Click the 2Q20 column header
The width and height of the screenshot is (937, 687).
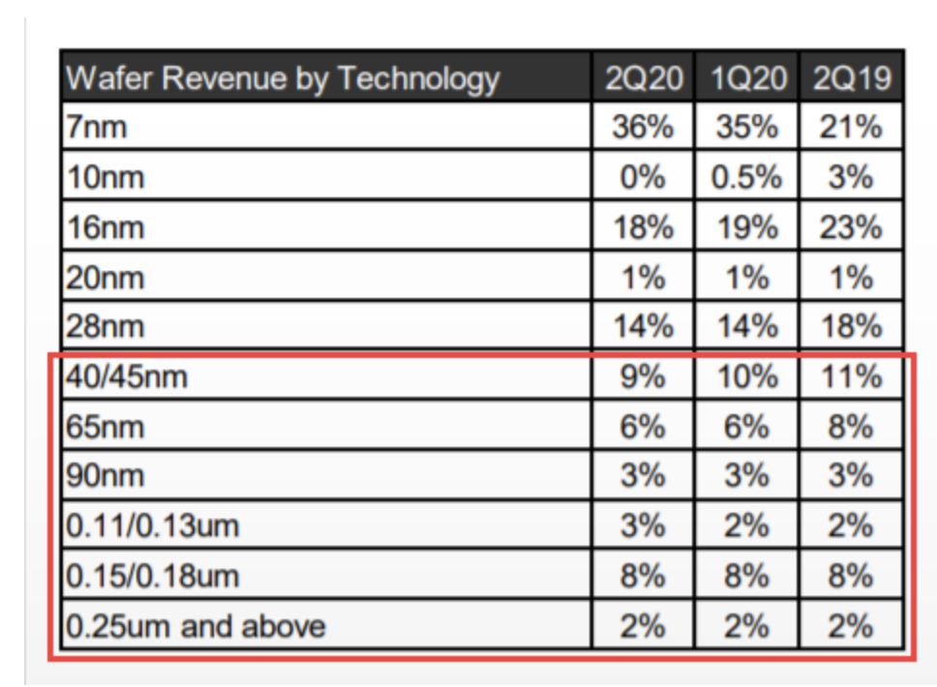(x=643, y=78)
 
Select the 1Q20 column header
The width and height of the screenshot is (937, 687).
(x=746, y=78)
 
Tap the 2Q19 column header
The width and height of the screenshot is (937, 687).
(x=850, y=78)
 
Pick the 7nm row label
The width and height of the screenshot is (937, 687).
(x=97, y=127)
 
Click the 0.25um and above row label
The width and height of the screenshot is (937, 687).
(x=196, y=626)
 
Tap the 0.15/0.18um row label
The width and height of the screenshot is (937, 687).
(x=152, y=576)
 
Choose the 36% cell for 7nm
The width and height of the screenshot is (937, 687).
(x=643, y=127)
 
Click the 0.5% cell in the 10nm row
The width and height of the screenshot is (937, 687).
(x=746, y=177)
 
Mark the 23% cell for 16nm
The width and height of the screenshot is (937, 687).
(x=850, y=227)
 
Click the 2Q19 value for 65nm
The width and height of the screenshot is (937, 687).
(x=850, y=427)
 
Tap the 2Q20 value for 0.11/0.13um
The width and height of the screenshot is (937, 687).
(x=643, y=526)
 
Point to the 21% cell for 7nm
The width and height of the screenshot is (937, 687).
(x=850, y=127)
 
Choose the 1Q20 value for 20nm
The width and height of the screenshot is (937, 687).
(x=746, y=278)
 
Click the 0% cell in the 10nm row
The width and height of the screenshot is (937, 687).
(x=643, y=177)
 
